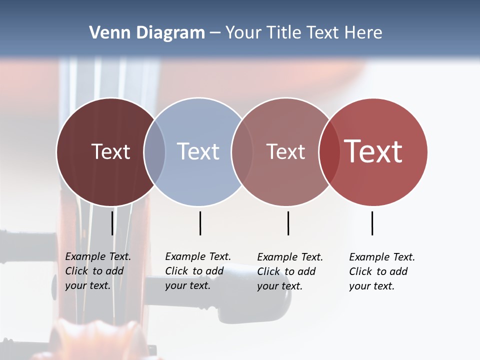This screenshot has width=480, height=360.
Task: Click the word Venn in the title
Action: click(x=106, y=33)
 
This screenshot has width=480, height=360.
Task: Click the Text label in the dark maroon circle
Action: click(x=110, y=151)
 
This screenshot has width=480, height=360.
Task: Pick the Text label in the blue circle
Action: click(x=198, y=151)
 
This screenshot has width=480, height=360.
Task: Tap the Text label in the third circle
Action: click(x=285, y=151)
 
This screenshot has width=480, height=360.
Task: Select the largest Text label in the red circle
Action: click(x=373, y=151)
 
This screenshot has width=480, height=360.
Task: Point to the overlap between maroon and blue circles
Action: click(x=154, y=151)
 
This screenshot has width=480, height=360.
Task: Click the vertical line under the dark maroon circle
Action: click(x=112, y=223)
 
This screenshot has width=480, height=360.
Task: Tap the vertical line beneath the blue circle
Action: click(x=200, y=223)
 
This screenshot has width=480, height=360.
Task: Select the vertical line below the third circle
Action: click(x=288, y=223)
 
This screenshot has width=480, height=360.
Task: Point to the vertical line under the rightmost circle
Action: click(x=372, y=223)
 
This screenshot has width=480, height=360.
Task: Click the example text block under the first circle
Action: click(x=97, y=271)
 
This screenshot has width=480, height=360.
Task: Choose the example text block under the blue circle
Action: click(x=197, y=271)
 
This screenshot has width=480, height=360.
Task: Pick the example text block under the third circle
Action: click(x=289, y=271)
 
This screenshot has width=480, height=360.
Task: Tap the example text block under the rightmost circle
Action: click(x=381, y=271)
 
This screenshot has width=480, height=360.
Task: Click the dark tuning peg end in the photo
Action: click(x=270, y=300)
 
